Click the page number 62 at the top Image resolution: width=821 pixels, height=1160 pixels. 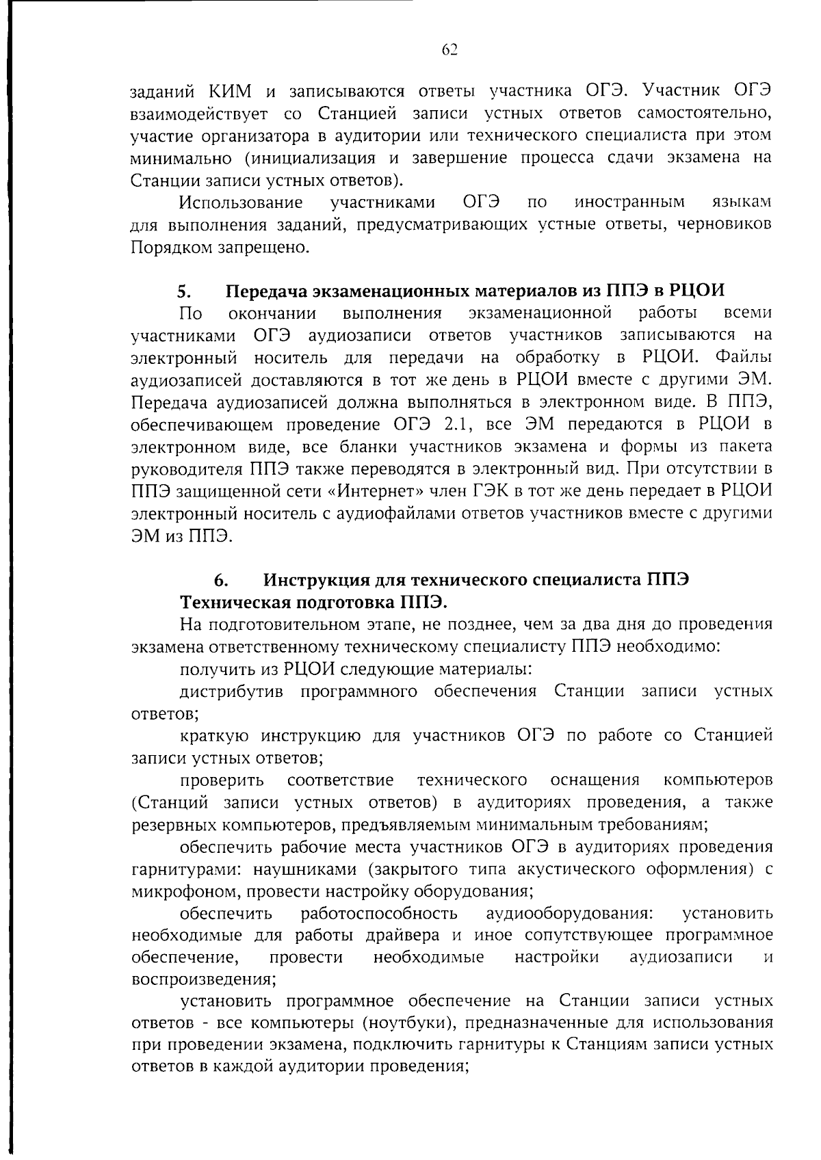click(x=449, y=49)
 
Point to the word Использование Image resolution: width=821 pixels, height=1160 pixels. click(x=241, y=202)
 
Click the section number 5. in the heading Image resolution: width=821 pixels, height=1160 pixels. click(x=183, y=291)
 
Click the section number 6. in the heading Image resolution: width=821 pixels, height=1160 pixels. click(x=220, y=581)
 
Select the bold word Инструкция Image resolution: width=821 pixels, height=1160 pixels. click(x=317, y=581)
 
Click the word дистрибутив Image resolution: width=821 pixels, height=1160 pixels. click(x=231, y=691)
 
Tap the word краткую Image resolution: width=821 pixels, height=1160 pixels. click(x=212, y=735)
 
